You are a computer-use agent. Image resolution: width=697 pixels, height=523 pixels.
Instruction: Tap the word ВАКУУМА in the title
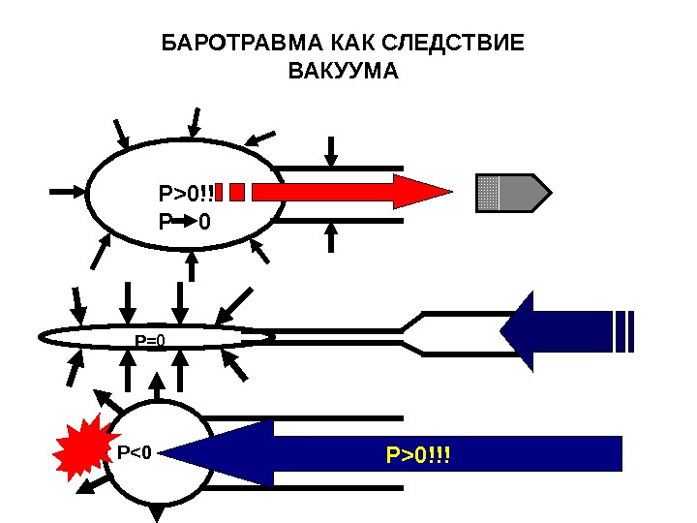coord(344,72)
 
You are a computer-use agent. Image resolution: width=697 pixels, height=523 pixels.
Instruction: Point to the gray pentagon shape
coord(513,193)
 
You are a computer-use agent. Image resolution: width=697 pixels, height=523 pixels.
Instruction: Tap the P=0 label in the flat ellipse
coord(150,340)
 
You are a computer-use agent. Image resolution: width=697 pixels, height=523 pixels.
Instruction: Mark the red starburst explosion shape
coord(81,446)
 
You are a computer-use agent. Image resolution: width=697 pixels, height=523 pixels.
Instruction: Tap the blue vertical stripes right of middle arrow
coord(624,331)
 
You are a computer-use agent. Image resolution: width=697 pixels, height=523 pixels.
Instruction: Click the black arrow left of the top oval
coord(67,192)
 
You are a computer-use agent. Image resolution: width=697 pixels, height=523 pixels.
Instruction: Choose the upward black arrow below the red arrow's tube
coord(332,236)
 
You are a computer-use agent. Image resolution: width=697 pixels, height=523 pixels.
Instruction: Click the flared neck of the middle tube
coord(411,331)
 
